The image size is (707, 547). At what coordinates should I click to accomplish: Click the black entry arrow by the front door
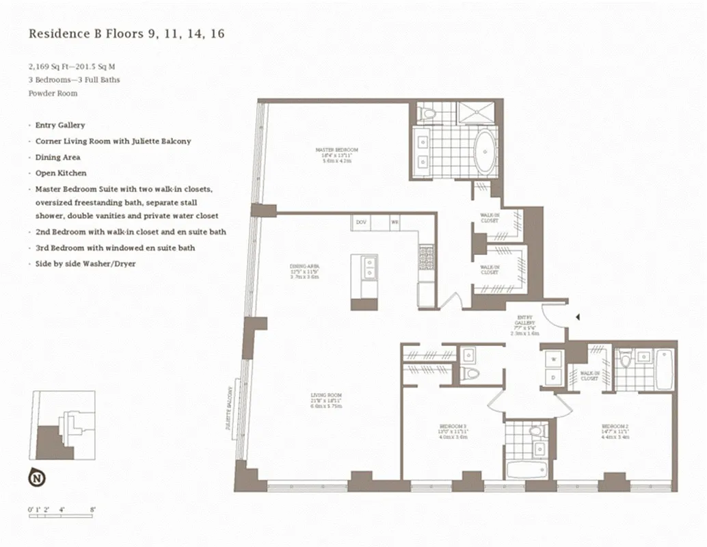point(578,317)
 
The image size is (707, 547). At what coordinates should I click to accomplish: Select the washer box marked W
point(552,359)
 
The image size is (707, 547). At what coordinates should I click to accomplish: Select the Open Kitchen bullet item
point(61,173)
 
